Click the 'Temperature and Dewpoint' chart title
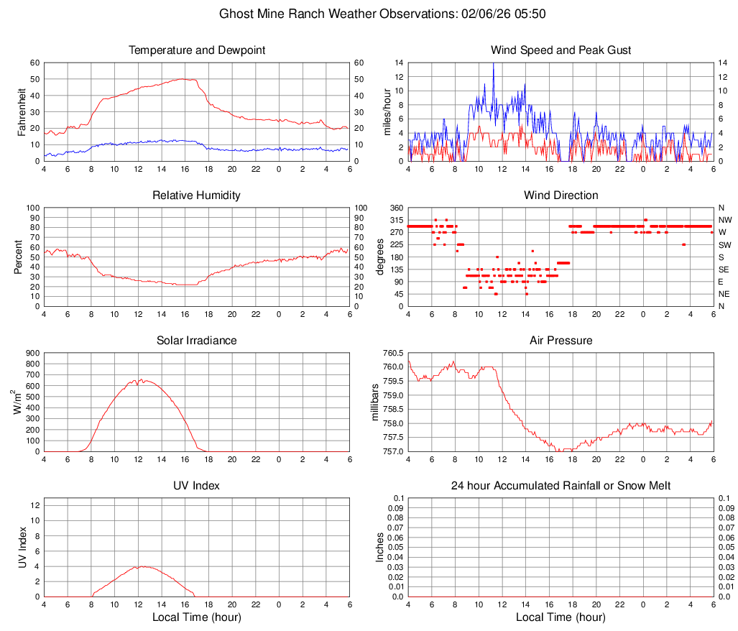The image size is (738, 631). pyautogui.click(x=197, y=50)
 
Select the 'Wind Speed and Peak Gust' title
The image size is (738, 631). pyautogui.click(x=561, y=50)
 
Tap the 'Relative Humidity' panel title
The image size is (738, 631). pyautogui.click(x=197, y=195)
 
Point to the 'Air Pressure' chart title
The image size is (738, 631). pyautogui.click(x=561, y=341)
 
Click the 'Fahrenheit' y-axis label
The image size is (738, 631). pyautogui.click(x=21, y=111)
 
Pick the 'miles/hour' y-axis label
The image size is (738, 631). pyautogui.click(x=387, y=111)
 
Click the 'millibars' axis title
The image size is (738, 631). pyautogui.click(x=374, y=402)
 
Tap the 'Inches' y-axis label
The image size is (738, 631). pyautogui.click(x=381, y=547)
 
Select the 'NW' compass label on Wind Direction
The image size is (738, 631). pyautogui.click(x=725, y=220)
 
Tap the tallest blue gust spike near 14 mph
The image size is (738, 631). pyautogui.click(x=493, y=64)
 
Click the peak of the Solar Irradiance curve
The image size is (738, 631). pyautogui.click(x=142, y=379)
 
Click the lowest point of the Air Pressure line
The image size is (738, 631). pyautogui.click(x=558, y=451)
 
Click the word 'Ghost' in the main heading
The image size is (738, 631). pyautogui.click(x=236, y=14)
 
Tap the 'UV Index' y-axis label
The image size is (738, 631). pyautogui.click(x=21, y=547)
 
